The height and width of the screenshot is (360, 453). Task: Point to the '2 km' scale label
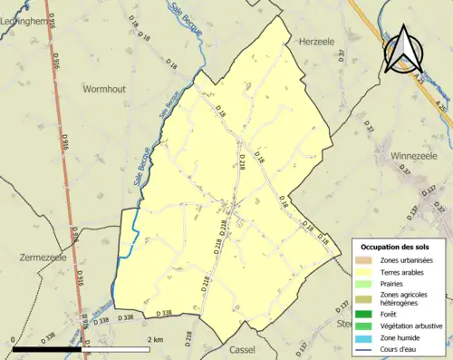point(155,338)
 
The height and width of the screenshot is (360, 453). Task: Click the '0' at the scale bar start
point(14,338)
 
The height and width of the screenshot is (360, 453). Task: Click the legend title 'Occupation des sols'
point(395,247)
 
